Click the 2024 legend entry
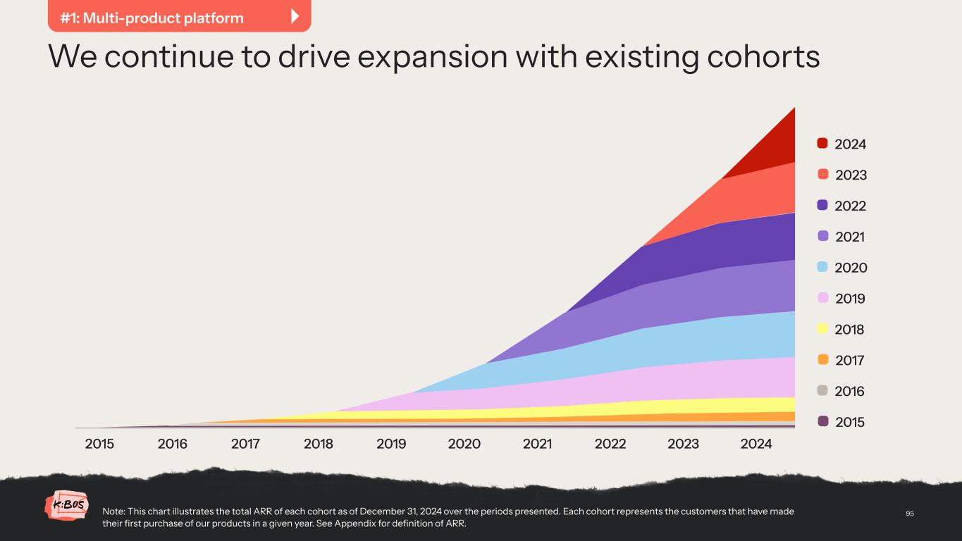point(841,144)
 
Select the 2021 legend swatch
point(822,237)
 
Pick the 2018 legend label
point(849,330)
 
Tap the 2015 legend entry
point(841,422)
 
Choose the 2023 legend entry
point(841,175)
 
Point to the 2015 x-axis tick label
point(99,444)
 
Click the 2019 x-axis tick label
point(391,444)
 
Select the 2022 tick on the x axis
point(610,444)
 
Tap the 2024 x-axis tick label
point(756,444)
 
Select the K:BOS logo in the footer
point(67,506)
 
